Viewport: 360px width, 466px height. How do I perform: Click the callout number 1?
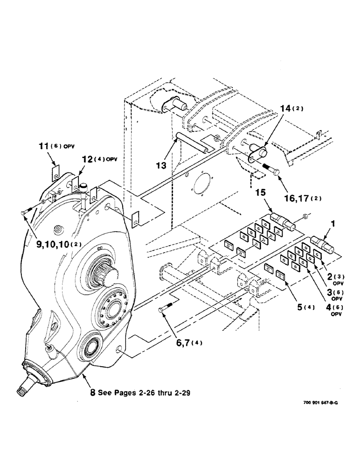click(333, 224)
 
